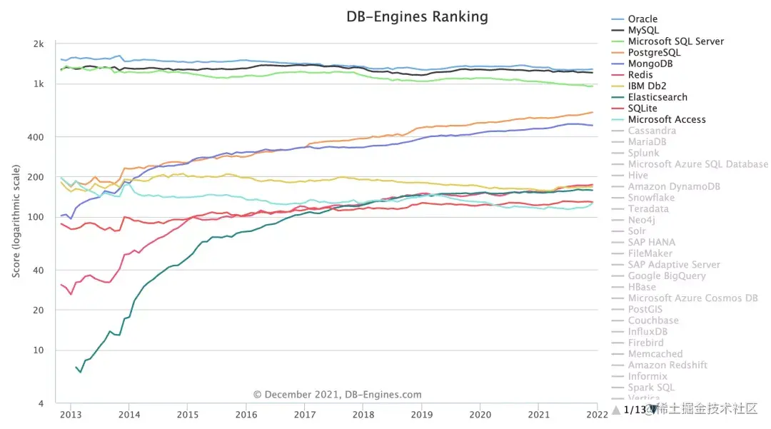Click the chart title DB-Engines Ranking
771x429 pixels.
[418, 16]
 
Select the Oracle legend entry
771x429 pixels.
[642, 19]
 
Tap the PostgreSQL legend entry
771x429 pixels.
[654, 53]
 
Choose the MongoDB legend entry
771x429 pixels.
[650, 64]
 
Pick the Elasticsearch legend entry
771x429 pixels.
[657, 97]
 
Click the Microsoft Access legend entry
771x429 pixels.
[667, 120]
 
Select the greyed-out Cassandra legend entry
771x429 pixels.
[652, 131]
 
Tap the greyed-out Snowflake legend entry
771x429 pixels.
[651, 198]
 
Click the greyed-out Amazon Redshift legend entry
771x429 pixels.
[667, 365]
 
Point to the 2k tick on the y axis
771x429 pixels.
[39, 44]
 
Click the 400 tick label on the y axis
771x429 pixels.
[37, 137]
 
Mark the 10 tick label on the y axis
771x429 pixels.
[39, 350]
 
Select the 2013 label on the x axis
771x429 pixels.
[70, 415]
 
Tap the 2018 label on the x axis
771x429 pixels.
[363, 415]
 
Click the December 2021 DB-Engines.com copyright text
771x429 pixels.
[337, 395]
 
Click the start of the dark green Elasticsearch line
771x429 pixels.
[76, 367]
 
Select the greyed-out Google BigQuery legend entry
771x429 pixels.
[667, 276]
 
